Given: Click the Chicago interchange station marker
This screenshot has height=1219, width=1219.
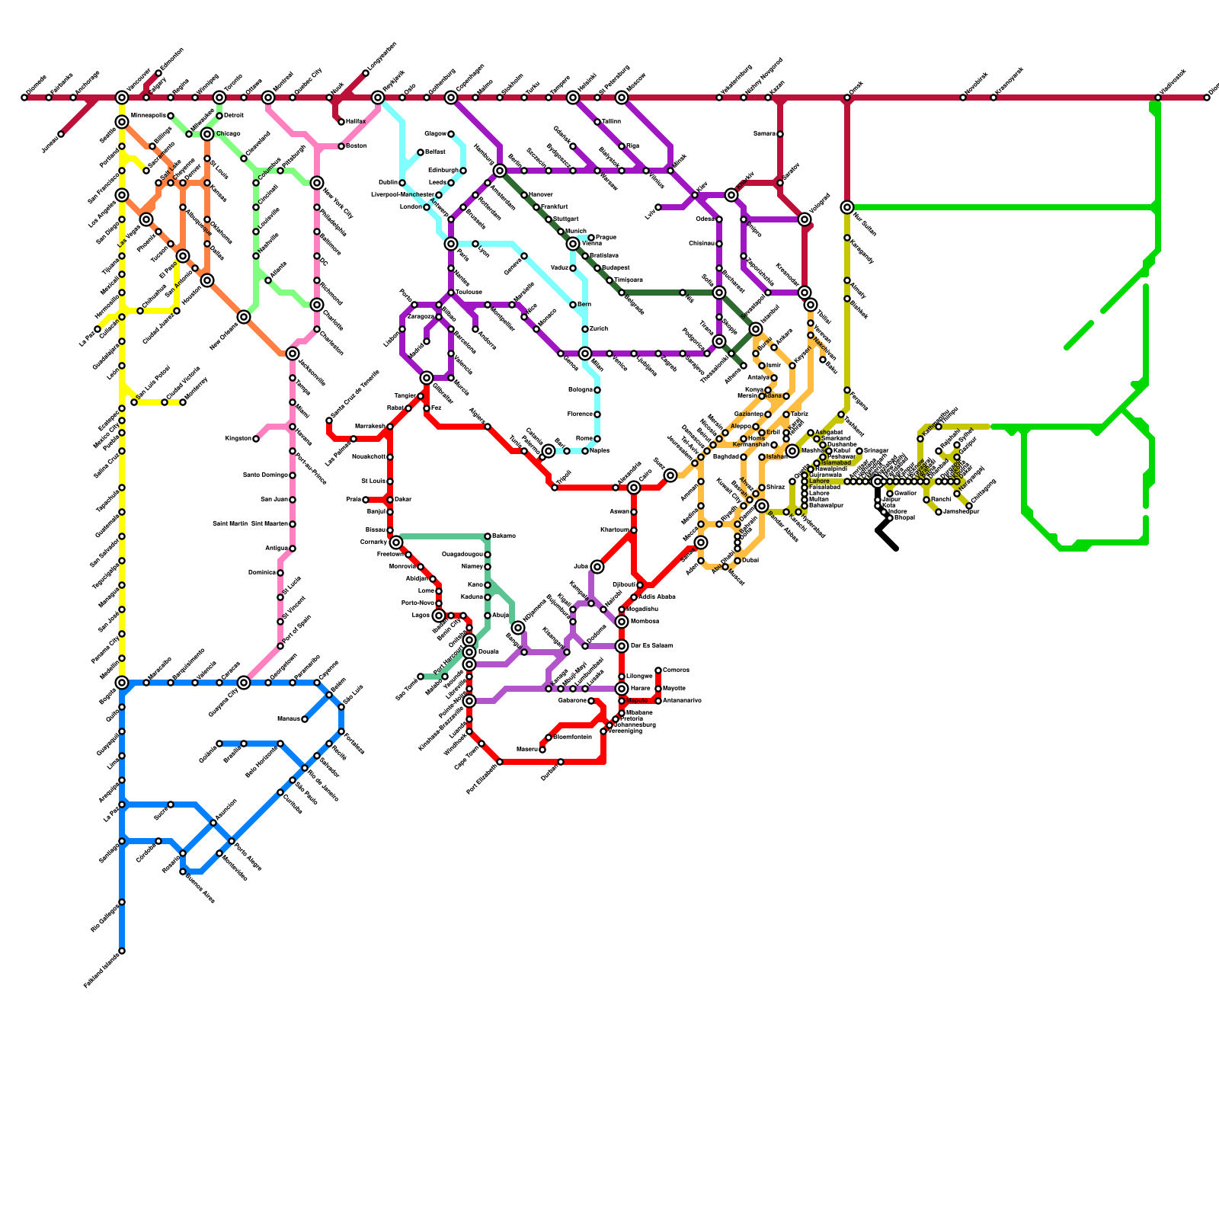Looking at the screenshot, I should (x=207, y=135).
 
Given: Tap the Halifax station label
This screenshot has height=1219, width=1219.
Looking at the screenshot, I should (x=355, y=122).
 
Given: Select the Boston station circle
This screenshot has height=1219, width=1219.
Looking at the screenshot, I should (x=341, y=146).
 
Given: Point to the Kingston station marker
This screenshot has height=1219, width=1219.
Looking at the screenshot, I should (x=256, y=439).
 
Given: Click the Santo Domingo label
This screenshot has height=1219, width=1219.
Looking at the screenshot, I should (x=264, y=475).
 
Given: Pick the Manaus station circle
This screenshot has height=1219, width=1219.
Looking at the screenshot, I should (x=305, y=719).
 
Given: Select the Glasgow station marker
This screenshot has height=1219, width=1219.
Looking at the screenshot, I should (x=451, y=134).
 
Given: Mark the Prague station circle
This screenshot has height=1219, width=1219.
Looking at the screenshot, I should (x=591, y=238).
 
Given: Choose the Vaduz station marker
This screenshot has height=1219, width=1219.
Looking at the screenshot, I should (x=573, y=268).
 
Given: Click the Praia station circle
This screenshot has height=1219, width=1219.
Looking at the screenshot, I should (x=366, y=500).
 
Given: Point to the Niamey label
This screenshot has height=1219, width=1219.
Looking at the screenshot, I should (x=472, y=567).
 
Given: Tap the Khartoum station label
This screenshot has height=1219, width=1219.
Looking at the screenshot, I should (x=613, y=530).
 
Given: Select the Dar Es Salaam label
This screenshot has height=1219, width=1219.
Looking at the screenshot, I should (x=651, y=646).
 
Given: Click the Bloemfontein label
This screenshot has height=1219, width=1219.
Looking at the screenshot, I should (x=572, y=737).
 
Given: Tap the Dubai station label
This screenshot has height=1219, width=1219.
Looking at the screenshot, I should (x=750, y=561).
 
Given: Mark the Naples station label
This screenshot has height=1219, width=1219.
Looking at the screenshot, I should (x=600, y=451).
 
